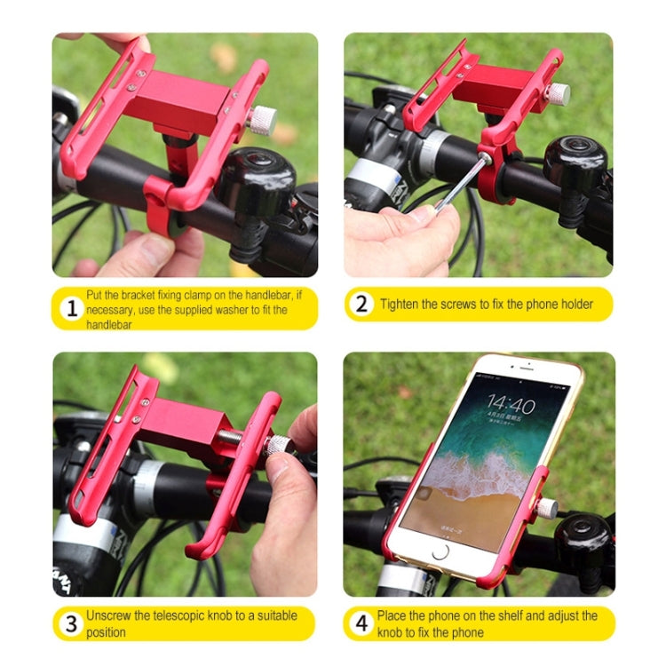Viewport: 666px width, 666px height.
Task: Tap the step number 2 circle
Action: click(x=361, y=304)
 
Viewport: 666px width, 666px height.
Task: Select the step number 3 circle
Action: click(x=71, y=623)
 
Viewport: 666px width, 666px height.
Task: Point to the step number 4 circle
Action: click(x=361, y=623)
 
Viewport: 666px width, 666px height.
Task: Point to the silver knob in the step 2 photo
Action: click(x=557, y=93)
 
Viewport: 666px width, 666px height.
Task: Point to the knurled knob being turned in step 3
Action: click(x=281, y=445)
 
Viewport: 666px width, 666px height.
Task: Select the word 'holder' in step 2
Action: click(x=574, y=304)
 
